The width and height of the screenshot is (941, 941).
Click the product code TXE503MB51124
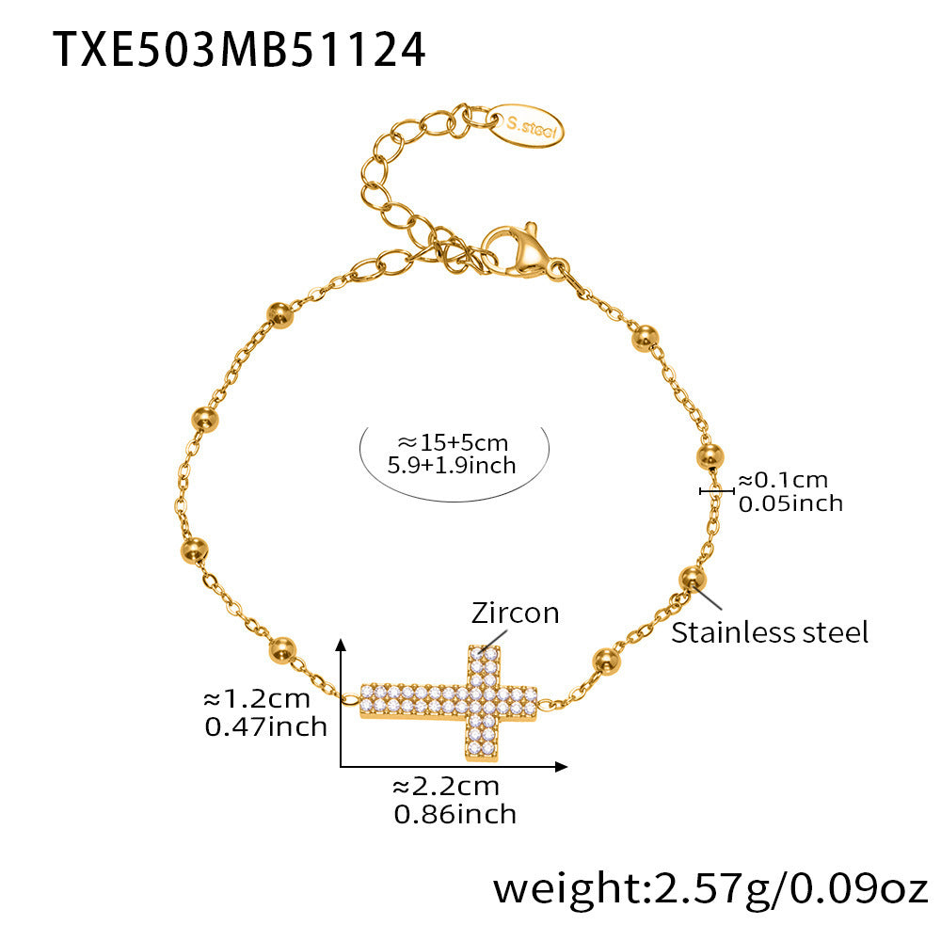pyautogui.click(x=239, y=48)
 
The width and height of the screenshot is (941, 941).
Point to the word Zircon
pyautogui.click(x=515, y=614)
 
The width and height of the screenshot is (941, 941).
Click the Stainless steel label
pyautogui.click(x=770, y=632)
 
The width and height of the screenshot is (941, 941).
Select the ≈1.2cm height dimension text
pyautogui.click(x=257, y=699)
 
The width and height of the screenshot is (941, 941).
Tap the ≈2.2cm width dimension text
pyautogui.click(x=446, y=786)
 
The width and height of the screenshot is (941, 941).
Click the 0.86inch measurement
pyautogui.click(x=455, y=813)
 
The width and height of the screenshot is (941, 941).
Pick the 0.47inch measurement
pyautogui.click(x=265, y=726)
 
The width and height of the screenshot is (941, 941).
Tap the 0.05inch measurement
pyautogui.click(x=790, y=503)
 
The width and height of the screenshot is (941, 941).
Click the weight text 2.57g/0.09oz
pyautogui.click(x=710, y=888)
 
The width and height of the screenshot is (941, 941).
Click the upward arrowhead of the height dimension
pyautogui.click(x=342, y=644)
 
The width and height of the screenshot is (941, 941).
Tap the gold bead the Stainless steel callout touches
pyautogui.click(x=692, y=578)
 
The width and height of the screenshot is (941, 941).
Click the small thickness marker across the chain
pyautogui.click(x=716, y=490)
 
